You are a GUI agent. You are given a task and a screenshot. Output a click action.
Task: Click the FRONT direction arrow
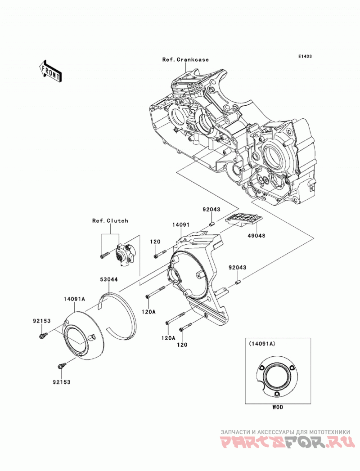(x=50, y=71)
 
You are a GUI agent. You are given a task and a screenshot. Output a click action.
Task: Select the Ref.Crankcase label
(x=185, y=59)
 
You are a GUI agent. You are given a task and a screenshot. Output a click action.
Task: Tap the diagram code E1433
(x=305, y=56)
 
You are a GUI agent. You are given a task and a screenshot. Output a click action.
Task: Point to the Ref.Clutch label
(x=110, y=220)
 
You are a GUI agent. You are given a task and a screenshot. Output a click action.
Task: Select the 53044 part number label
(x=109, y=279)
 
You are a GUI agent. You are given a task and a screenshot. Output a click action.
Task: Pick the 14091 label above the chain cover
(x=180, y=224)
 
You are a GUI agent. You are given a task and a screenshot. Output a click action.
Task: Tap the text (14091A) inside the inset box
(x=261, y=343)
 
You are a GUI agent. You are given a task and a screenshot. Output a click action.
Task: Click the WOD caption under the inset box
(x=277, y=407)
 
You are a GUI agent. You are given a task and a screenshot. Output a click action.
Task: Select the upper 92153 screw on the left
(x=43, y=336)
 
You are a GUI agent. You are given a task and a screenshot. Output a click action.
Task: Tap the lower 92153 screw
(x=61, y=365)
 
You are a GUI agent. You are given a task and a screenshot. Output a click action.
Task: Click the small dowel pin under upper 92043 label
(x=211, y=224)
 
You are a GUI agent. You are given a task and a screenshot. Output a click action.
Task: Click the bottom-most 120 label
(x=182, y=345)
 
